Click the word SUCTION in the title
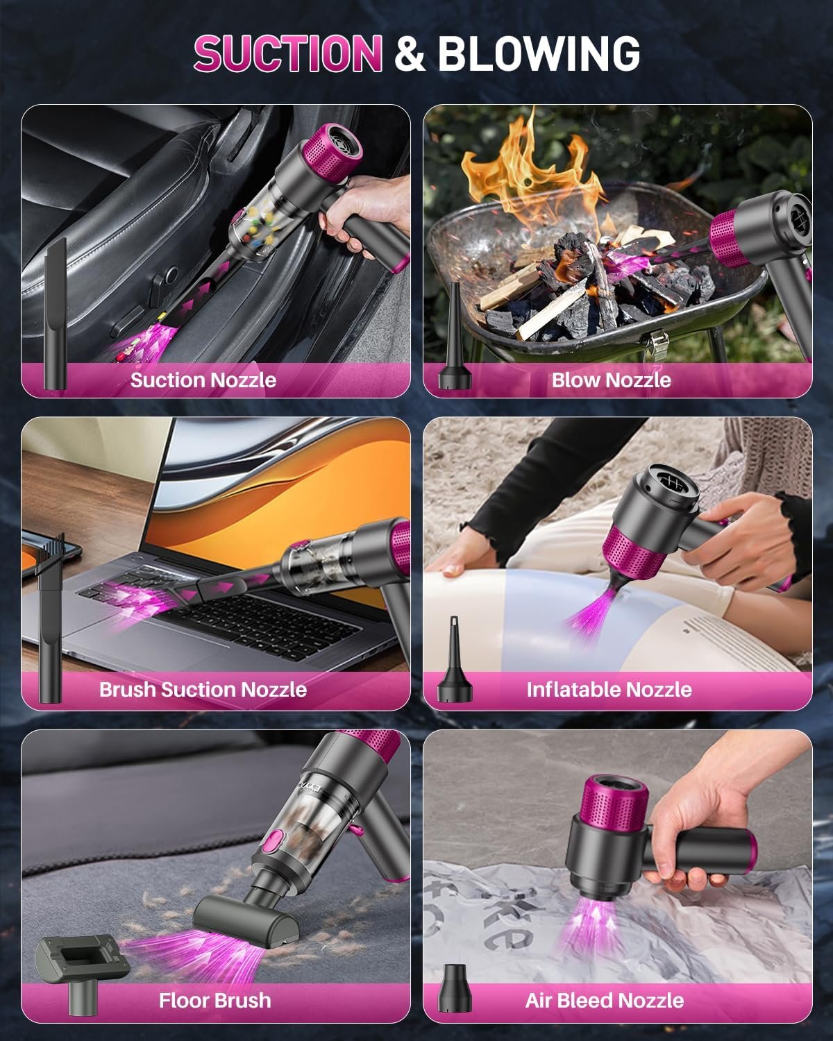288,53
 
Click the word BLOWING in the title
538,53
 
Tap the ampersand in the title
410,55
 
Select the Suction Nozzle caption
203,380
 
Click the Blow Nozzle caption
611,380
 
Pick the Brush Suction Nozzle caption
203,689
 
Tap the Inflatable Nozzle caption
609,689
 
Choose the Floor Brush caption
214,1000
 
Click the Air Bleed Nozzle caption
604,1000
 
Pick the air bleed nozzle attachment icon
455,989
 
